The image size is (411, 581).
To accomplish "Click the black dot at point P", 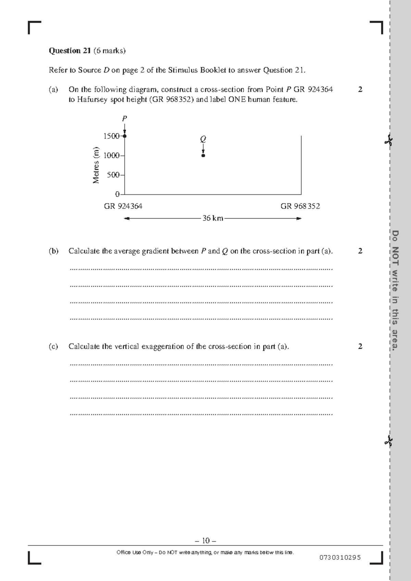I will (125, 136).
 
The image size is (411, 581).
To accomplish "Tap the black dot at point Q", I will (203, 156).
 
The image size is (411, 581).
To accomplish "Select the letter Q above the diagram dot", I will (203, 139).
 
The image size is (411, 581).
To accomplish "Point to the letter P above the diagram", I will (125, 119).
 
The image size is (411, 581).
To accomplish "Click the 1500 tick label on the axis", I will (111, 136).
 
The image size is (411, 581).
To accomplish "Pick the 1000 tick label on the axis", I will (111, 156).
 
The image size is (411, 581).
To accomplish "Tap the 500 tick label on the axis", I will (113, 175).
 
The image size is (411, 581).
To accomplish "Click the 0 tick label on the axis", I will (117, 194).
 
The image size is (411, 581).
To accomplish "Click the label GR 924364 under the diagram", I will (123, 206).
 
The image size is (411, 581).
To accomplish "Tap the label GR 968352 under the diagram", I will (300, 206).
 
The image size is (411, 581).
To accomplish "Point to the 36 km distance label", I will (213, 218).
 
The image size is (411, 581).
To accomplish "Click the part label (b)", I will (53, 251).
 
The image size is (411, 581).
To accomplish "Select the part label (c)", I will (53, 347).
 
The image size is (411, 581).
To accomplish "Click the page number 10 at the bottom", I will (206, 541).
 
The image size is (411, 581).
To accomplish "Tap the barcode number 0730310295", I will (340, 557).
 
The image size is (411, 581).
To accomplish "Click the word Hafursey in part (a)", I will (92, 100).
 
